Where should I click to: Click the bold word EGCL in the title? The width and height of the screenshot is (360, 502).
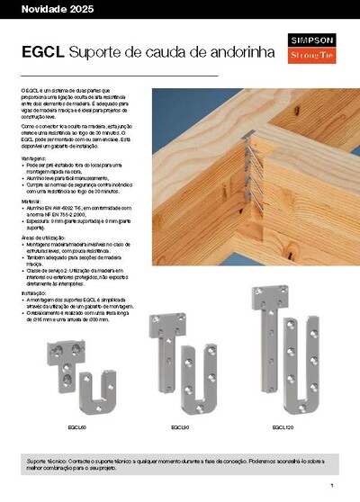click(42, 52)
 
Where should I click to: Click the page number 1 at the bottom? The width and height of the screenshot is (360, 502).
click(343, 485)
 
